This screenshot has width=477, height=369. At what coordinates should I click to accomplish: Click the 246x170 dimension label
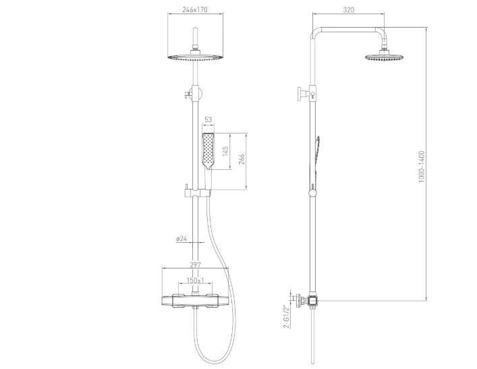[195, 9]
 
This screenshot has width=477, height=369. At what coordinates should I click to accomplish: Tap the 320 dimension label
[349, 9]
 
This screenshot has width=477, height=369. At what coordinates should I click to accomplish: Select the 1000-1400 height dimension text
[421, 167]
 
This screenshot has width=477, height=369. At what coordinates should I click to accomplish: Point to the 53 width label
[208, 119]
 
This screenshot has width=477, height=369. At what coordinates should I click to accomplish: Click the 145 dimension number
[225, 152]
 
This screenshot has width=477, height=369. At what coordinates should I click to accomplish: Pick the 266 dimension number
[242, 159]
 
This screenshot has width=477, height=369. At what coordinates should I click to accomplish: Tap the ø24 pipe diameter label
[181, 238]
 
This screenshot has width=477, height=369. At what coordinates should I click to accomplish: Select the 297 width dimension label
[195, 264]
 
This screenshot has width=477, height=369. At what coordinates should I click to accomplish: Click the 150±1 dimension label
[195, 280]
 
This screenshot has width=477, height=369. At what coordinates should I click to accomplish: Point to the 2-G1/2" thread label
[286, 316]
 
